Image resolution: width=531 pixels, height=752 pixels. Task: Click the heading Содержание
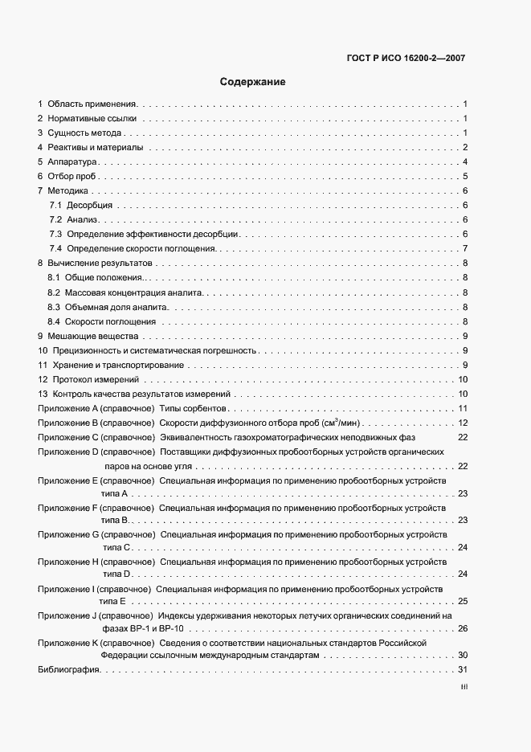coord(253,82)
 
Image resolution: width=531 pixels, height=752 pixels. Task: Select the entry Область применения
coord(93,104)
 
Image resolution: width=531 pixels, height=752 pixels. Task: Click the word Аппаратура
coord(72,162)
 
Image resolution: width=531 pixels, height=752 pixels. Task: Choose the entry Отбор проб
coord(72,177)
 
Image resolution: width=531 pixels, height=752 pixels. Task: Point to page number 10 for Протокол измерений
coord(463,379)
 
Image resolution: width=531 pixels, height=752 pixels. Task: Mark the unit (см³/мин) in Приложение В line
coord(337,423)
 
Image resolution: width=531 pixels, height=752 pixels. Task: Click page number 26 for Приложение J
coord(463,627)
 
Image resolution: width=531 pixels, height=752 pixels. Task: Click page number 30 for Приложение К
coord(463,656)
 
